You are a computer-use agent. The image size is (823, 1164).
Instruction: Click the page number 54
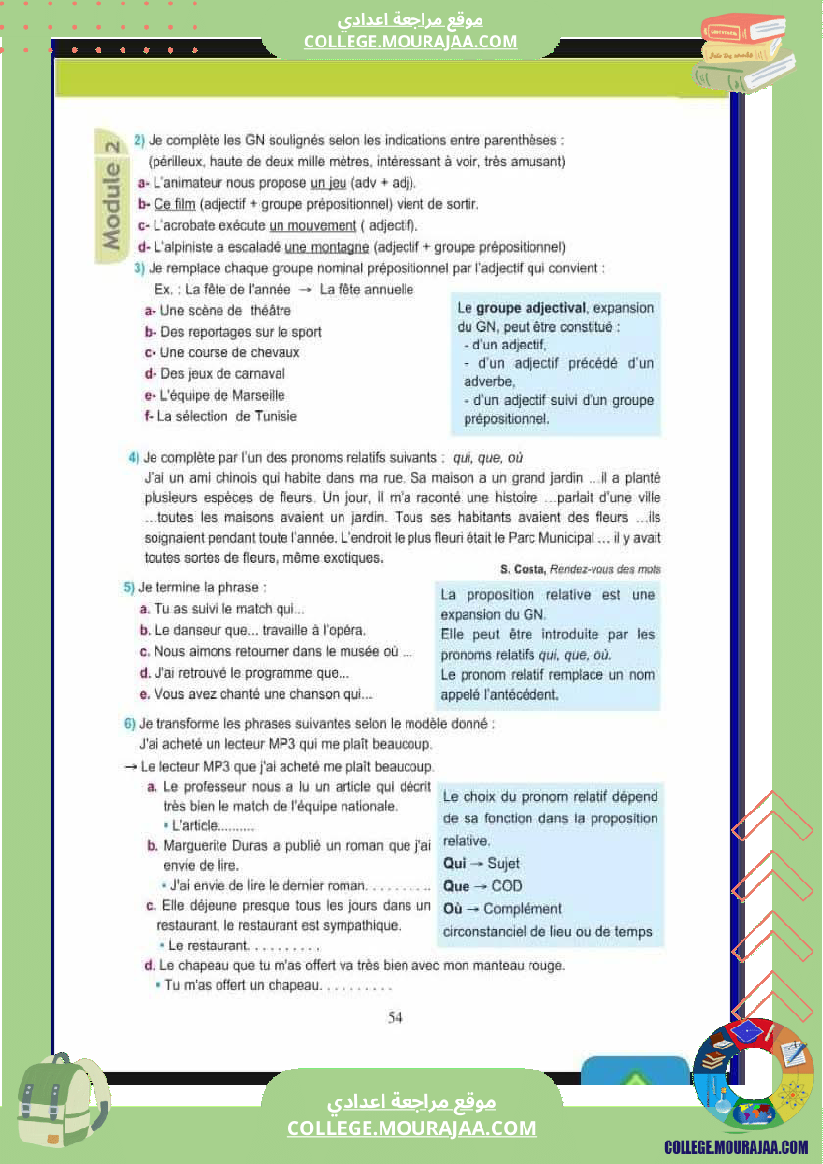click(x=395, y=1017)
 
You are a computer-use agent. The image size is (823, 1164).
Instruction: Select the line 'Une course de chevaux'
click(x=229, y=352)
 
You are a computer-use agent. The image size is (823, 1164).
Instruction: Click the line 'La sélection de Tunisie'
click(x=226, y=416)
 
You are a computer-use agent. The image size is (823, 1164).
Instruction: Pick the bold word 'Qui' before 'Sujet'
click(x=454, y=863)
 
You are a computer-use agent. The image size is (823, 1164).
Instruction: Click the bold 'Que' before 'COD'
click(x=456, y=886)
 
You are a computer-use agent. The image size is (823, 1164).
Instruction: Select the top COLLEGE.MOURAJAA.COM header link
click(x=411, y=41)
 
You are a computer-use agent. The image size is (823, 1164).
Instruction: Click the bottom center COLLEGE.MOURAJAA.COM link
click(x=411, y=1128)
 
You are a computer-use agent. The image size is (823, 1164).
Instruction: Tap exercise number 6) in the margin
click(x=130, y=723)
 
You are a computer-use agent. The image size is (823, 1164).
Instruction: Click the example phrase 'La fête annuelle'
click(x=366, y=289)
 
